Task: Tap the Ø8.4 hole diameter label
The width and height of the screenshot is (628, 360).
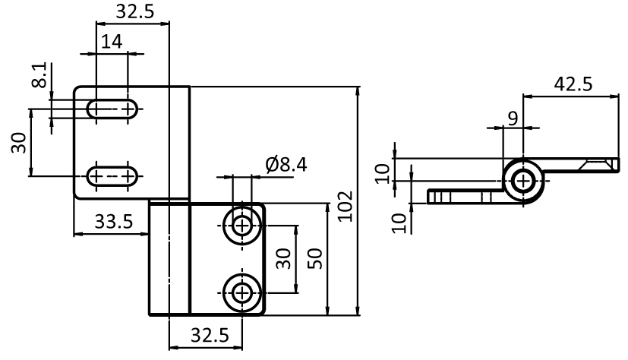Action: (x=286, y=164)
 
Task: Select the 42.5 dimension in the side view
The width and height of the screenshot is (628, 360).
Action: (x=573, y=84)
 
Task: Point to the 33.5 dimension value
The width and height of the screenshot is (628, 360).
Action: (x=114, y=222)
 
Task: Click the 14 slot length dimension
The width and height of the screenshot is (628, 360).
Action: (x=111, y=42)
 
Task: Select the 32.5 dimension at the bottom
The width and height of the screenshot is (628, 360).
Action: (x=205, y=333)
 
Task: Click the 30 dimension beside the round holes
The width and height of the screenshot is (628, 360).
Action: (x=284, y=259)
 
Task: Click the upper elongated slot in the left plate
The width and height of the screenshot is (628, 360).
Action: (x=112, y=109)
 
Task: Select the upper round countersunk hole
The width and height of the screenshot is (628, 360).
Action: (x=242, y=225)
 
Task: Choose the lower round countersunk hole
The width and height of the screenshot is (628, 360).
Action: (x=242, y=292)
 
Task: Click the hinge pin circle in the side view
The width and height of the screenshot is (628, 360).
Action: (x=522, y=181)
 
